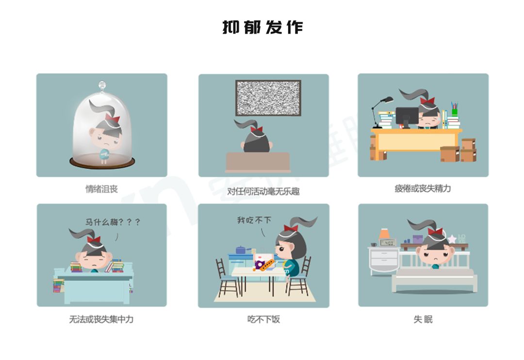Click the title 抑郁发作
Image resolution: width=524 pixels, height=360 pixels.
[262, 27]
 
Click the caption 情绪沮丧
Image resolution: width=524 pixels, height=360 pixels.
[101, 189]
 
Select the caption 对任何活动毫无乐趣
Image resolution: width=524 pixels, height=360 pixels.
[263, 191]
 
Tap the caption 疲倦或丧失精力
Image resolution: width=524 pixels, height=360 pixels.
[423, 189]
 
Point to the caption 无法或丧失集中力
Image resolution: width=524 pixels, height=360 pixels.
[101, 319]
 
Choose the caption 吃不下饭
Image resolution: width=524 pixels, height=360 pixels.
[263, 319]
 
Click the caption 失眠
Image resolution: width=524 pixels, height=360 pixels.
[423, 319]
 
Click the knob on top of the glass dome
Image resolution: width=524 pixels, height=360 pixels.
[102, 85]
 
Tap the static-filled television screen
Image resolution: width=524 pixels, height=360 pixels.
[268, 98]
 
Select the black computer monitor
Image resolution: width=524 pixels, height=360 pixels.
[407, 117]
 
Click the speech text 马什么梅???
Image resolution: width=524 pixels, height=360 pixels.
[113, 222]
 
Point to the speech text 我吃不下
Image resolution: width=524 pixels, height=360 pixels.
[254, 220]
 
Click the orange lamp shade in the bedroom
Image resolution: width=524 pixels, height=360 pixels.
[384, 233]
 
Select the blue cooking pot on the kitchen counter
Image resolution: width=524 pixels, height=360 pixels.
[241, 250]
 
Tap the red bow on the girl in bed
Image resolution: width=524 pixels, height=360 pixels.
[435, 231]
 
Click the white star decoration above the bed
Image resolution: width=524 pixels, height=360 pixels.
[452, 239]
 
